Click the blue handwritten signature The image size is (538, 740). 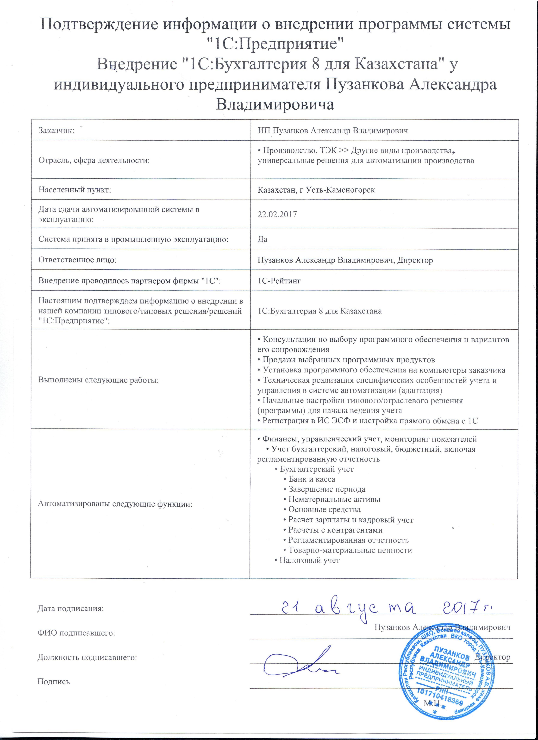300,661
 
